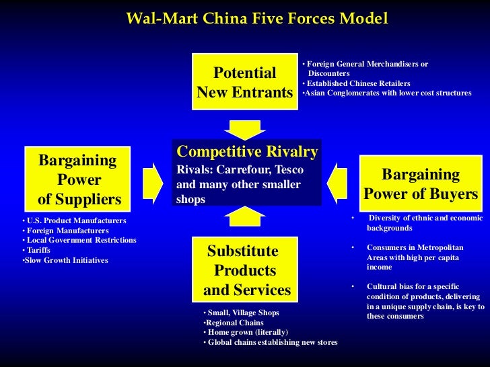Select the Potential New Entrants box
(244, 83)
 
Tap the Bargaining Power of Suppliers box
(79, 179)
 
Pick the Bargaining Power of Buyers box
(421, 184)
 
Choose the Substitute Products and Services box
(246, 271)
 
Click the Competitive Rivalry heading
(247, 151)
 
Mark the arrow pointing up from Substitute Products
(245, 215)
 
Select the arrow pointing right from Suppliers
(153, 179)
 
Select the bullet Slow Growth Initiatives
(66, 260)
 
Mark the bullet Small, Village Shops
(242, 313)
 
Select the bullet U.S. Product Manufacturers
(76, 220)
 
